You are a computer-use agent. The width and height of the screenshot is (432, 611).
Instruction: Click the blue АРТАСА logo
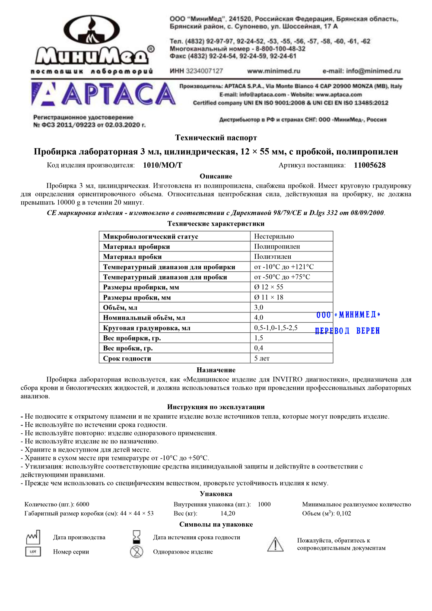pos(104,94)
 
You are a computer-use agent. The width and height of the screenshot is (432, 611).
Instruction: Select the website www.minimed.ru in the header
pos(273,71)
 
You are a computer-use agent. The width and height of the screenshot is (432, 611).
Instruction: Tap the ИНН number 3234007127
pos(204,71)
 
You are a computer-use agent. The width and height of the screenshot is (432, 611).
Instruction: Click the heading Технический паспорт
pos(216,138)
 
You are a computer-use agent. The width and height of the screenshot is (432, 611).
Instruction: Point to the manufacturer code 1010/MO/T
pos(162,165)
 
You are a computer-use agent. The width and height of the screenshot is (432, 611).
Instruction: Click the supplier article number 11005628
pos(370,165)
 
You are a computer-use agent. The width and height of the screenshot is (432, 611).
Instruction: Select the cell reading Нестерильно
pos(274,236)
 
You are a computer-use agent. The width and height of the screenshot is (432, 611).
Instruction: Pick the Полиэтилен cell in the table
pos(273,257)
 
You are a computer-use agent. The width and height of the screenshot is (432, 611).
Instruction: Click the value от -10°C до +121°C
pos(284,267)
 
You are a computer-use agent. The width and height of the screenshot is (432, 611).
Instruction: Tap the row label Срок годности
pos(127,359)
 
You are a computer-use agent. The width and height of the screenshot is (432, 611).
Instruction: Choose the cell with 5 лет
pos(262,359)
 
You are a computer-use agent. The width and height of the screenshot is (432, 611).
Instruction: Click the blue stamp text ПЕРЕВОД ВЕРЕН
pos(347,331)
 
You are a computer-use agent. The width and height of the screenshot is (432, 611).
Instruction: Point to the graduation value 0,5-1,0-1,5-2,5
pos(276,328)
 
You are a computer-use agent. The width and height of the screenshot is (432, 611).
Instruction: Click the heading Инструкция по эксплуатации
pos(216,407)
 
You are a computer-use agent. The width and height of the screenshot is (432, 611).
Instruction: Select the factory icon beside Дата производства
pos(33,537)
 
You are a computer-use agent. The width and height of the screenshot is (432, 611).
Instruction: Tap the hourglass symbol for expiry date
pos(137,537)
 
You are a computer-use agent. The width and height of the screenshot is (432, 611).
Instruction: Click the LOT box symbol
pos(33,552)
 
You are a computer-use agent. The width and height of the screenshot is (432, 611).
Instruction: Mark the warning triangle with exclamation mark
pos(275,544)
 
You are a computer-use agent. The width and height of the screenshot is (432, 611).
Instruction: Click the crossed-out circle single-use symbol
pos(137,552)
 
